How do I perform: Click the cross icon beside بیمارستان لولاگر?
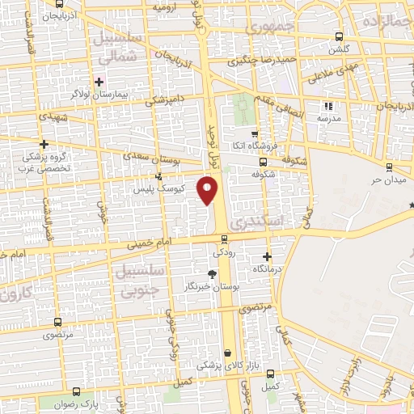tap(99, 82)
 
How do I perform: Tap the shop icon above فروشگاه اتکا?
tap(255, 135)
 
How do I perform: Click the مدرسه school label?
tap(327, 118)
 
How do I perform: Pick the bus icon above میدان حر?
tap(389, 167)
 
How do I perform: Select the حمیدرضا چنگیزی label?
tap(258, 59)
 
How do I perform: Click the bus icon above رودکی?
tap(225, 239)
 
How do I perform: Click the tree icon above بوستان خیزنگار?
tap(212, 275)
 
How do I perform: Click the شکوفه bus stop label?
tap(264, 173)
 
